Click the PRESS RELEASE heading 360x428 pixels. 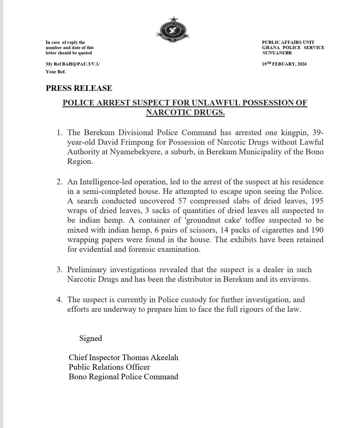(x=79, y=88)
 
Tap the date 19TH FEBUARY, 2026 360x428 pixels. (x=284, y=64)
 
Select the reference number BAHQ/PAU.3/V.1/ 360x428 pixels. (x=81, y=64)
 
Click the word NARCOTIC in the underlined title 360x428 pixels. (x=168, y=112)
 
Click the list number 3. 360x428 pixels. (x=60, y=270)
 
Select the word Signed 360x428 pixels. (x=91, y=338)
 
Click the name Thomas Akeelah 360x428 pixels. (x=150, y=357)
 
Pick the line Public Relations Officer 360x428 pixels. (x=109, y=367)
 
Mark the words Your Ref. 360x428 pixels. (x=56, y=72)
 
